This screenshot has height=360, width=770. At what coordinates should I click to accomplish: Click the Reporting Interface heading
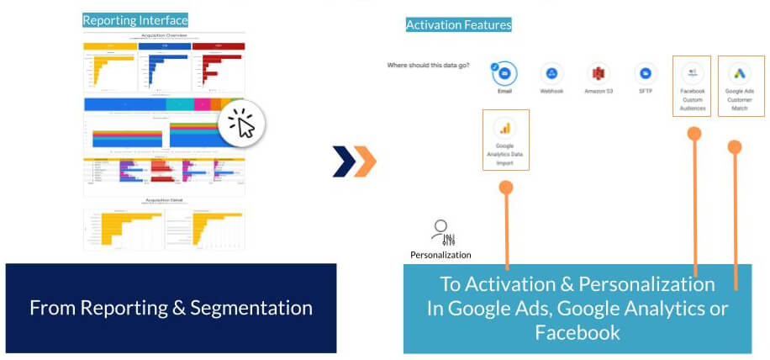pos(135,19)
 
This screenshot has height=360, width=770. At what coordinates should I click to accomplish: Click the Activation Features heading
pos(458,25)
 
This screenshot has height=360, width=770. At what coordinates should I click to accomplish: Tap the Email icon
pos(504,73)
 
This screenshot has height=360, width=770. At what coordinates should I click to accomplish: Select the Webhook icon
pos(551,73)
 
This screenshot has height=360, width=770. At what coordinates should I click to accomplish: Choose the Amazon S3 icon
pos(598,73)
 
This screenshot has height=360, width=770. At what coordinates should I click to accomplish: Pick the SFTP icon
pos(646,73)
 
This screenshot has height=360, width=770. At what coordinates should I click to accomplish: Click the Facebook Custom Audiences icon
pos(693,72)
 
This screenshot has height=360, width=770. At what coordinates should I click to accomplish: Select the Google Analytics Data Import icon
pos(505,128)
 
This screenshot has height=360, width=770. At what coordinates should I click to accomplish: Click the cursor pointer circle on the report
pos(242,124)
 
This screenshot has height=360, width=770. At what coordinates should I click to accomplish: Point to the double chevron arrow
pos(354,161)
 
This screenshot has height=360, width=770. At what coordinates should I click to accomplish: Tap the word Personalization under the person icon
pos(440,254)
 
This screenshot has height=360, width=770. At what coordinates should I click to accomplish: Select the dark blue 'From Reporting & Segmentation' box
pos(171,308)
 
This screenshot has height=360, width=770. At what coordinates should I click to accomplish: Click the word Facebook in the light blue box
pos(577,332)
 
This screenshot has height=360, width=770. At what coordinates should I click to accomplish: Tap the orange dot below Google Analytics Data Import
pos(505,188)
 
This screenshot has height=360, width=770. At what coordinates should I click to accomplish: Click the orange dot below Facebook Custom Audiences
pos(694,134)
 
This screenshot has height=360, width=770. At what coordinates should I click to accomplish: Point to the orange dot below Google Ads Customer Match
pos(735,147)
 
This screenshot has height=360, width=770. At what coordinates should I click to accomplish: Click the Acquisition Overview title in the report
pos(164,36)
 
